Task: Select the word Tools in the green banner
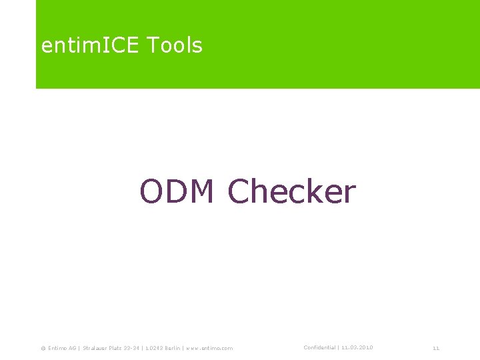pyautogui.click(x=174, y=45)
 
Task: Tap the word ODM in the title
pyautogui.click(x=177, y=192)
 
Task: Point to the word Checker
pyautogui.click(x=292, y=192)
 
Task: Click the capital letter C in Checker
pyautogui.click(x=241, y=192)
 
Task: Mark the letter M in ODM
pyautogui.click(x=202, y=192)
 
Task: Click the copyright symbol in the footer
pyautogui.click(x=43, y=348)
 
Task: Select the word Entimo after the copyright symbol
pyautogui.click(x=58, y=348)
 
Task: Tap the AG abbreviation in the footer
pyautogui.click(x=73, y=348)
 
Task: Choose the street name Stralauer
pyautogui.click(x=96, y=348)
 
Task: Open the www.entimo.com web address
pyautogui.click(x=210, y=348)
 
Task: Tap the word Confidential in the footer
pyautogui.click(x=319, y=347)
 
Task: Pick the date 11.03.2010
pyautogui.click(x=357, y=347)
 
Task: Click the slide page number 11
pyautogui.click(x=436, y=348)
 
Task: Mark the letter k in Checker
pyautogui.click(x=317, y=192)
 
